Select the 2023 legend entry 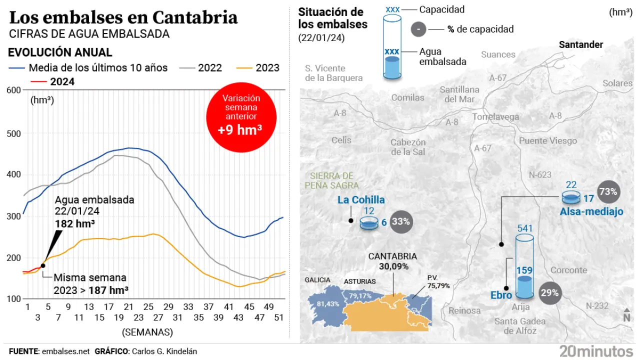[x=258, y=68]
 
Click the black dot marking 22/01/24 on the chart [x=42, y=265]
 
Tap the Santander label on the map [x=581, y=44]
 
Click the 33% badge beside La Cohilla [x=401, y=221]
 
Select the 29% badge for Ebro [x=549, y=293]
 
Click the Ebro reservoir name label [x=501, y=295]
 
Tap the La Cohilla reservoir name [x=361, y=200]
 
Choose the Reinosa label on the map [x=464, y=310]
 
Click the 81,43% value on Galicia [x=328, y=303]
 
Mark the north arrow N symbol [x=626, y=315]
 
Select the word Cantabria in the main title [x=194, y=18]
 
